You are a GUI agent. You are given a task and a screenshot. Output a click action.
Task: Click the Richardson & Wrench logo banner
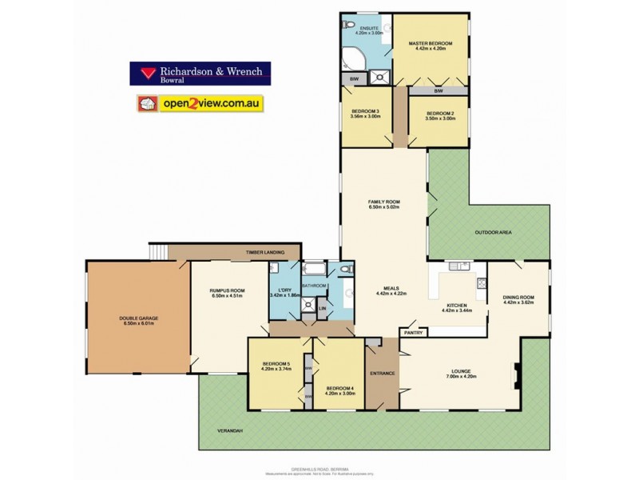click(x=200, y=74)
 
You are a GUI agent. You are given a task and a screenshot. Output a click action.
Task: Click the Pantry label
click(x=413, y=332)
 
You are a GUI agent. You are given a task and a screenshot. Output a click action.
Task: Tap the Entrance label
click(x=383, y=374)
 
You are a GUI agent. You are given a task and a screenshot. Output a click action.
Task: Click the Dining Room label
click(x=518, y=300)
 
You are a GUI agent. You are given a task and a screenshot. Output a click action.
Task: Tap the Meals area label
click(x=391, y=290)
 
